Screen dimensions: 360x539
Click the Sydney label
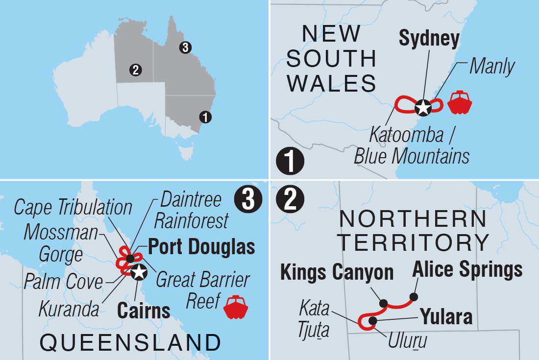click(429, 39)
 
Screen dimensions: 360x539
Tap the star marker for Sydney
click(422, 107)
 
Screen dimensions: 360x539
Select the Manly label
click(492, 67)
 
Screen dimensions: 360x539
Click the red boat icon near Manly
click(459, 102)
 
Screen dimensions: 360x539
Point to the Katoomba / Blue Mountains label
click(412, 144)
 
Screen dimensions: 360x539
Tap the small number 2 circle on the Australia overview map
click(135, 70)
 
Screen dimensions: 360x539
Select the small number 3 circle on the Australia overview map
click(185, 48)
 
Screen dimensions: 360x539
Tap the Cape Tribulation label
click(73, 207)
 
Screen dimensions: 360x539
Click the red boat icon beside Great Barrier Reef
click(236, 307)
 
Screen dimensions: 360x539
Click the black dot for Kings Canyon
click(383, 303)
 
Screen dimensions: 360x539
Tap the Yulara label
click(446, 317)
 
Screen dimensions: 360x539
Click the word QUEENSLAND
click(129, 342)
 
